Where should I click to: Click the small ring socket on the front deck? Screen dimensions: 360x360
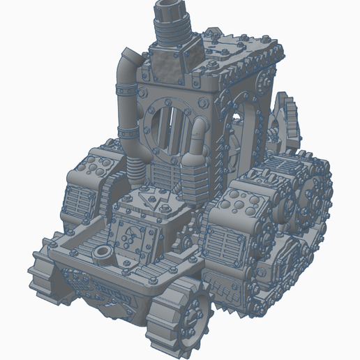click(103, 250)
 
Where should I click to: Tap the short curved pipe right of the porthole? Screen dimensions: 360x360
click(198, 136)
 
